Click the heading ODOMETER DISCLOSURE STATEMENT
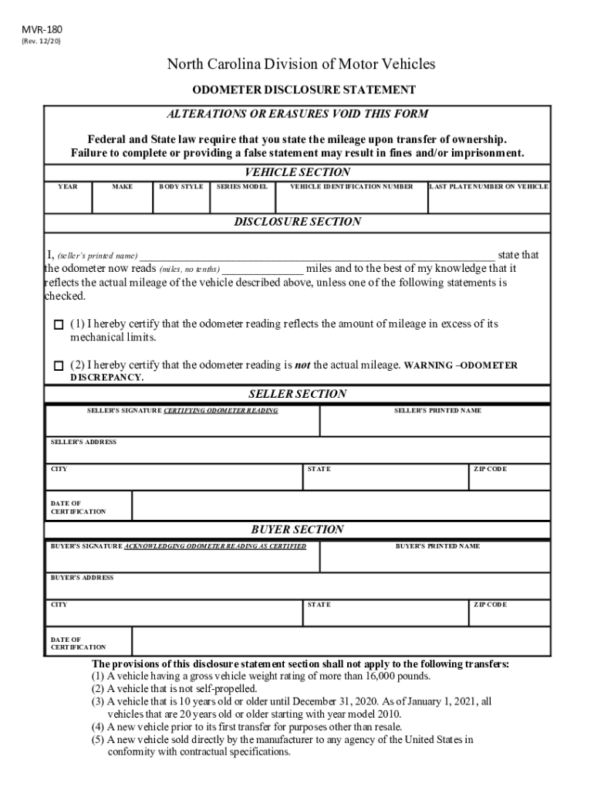[x=304, y=90]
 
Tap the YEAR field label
[x=68, y=187]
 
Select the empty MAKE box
[x=122, y=202]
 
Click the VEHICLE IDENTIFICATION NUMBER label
[x=351, y=187]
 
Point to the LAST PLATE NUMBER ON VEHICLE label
[x=488, y=187]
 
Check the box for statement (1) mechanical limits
[x=59, y=325]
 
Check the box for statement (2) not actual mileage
[x=59, y=365]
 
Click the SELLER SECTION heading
[x=297, y=394]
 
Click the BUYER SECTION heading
[x=297, y=530]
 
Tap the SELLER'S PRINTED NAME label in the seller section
[x=437, y=411]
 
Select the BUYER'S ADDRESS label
[x=82, y=578]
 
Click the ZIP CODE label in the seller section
[x=490, y=469]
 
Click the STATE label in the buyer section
[x=319, y=605]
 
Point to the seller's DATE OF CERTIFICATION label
[x=78, y=508]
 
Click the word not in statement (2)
[x=302, y=365]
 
